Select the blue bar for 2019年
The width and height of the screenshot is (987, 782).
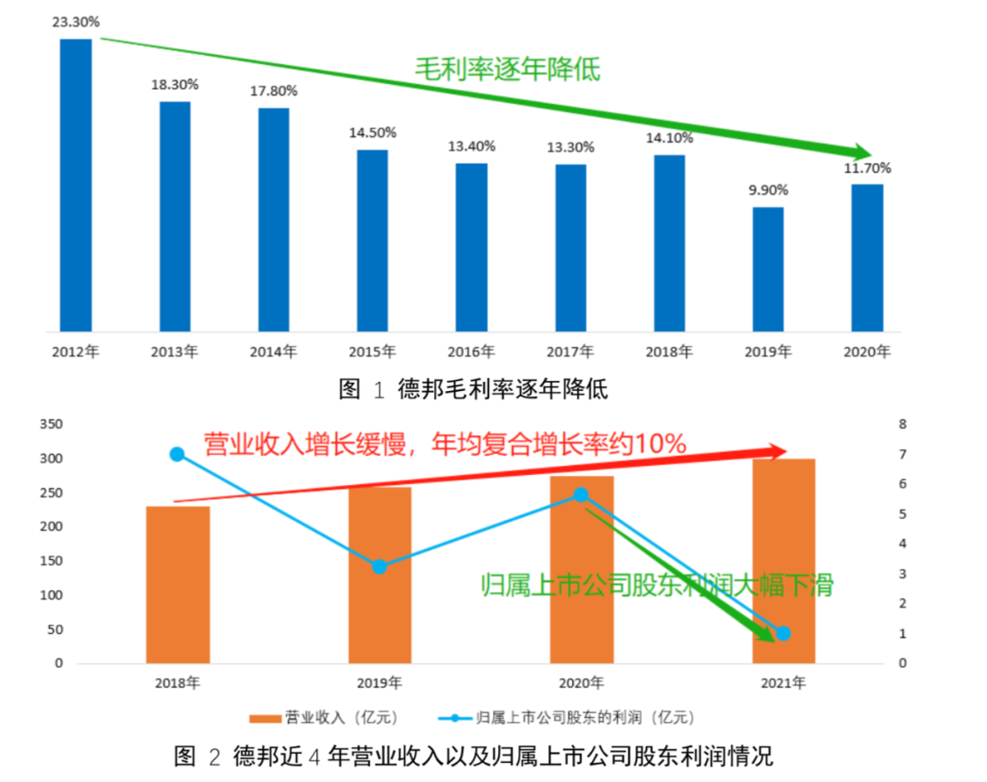click(769, 269)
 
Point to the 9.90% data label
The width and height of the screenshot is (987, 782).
click(769, 190)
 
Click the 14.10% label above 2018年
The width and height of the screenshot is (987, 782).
click(670, 138)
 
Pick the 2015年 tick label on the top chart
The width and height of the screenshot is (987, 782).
click(372, 351)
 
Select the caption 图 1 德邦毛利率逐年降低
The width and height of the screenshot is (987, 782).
click(472, 389)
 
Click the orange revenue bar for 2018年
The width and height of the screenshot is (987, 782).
click(177, 585)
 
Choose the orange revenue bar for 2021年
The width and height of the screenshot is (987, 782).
click(783, 561)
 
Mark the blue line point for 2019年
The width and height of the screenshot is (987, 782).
click(379, 566)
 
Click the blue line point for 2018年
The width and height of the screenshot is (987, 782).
click(177, 454)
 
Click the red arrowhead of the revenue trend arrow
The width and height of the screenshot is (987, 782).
click(776, 451)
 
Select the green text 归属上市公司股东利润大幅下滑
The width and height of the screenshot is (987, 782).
click(657, 585)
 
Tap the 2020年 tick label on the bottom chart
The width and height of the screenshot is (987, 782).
click(580, 682)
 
